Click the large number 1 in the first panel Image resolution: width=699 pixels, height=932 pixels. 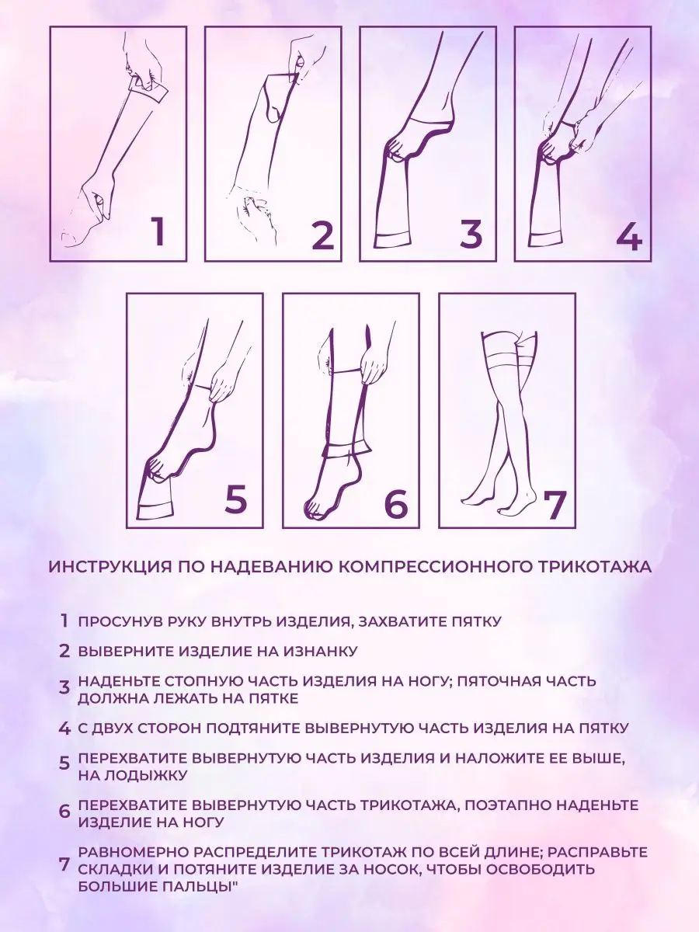158,231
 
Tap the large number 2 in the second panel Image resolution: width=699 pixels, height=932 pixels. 323,234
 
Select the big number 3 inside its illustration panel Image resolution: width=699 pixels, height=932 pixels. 471,233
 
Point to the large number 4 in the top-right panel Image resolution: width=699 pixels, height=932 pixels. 629,234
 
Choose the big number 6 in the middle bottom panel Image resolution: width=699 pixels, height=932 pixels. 396,503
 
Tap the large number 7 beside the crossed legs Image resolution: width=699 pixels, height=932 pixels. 555,506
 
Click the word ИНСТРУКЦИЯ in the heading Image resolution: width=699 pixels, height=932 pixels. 108,567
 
